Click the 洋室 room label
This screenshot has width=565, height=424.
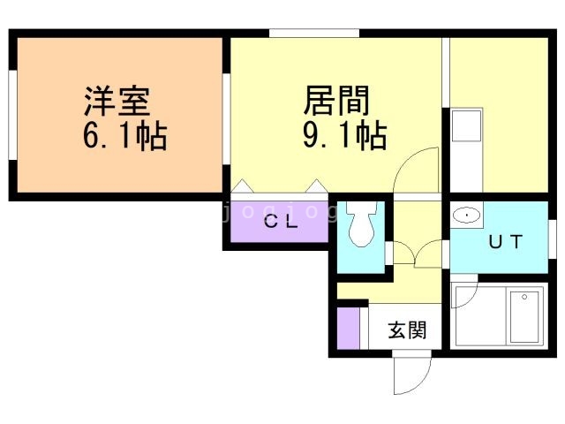(x=117, y=100)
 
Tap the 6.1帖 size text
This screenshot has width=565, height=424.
(x=123, y=137)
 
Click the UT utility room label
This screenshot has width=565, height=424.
(x=501, y=241)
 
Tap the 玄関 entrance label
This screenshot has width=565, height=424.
(x=408, y=331)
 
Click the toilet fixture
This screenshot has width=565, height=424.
(x=360, y=226)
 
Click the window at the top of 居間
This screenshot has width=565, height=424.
(x=313, y=34)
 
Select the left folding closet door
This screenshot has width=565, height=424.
(x=245, y=186)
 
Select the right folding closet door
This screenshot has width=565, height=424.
(x=316, y=186)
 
